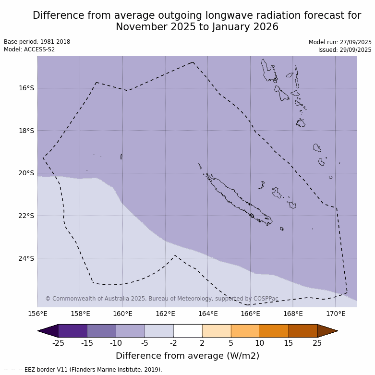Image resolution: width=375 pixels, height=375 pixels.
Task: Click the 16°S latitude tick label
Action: tap(26, 88)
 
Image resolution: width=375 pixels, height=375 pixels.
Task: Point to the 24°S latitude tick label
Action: tap(26, 258)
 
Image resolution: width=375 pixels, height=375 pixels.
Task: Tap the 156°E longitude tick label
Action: tap(37, 314)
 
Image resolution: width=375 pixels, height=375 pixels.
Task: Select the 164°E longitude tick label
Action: tap(208, 314)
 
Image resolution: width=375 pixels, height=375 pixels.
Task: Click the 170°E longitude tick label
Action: tap(336, 314)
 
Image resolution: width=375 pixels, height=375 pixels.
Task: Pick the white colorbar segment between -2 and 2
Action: tap(188, 331)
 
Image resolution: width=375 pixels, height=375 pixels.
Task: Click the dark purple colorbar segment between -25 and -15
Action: tap(73, 331)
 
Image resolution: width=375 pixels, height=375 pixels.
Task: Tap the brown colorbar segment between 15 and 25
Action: tap(303, 331)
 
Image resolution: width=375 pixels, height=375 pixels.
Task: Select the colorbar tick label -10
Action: tap(116, 343)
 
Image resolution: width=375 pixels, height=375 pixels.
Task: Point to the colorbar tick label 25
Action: tap(317, 343)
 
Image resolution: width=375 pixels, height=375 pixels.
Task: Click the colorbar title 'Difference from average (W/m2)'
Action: tap(187, 356)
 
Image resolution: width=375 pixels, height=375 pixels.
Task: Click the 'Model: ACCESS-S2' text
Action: tap(29, 49)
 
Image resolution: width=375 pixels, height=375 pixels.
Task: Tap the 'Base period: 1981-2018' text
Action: tap(37, 42)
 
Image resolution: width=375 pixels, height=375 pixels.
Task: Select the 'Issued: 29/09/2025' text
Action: tap(345, 50)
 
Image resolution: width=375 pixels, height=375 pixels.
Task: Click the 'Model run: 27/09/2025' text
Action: tap(340, 42)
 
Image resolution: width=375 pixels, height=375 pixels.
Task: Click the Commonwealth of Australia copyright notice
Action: tap(162, 299)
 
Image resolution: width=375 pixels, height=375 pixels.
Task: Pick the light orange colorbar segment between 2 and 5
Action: tap(217, 331)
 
